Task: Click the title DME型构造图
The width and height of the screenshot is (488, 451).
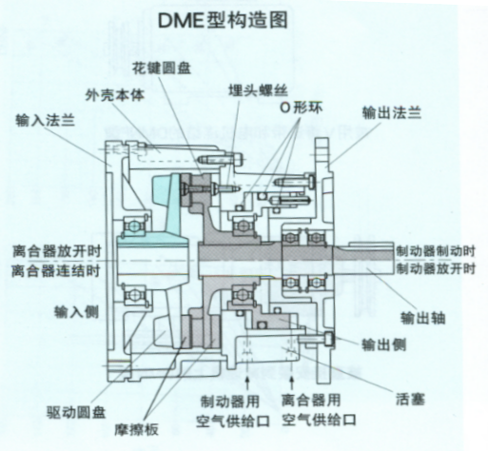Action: pos(223,20)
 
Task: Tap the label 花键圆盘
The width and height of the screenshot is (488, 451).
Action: pos(162,68)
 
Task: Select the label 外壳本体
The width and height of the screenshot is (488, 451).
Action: pos(115,95)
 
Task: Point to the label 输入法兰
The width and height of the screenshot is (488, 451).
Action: pos(45,120)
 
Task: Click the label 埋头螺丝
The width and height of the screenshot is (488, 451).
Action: pos(259,90)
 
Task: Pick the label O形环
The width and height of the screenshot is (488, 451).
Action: pos(301,108)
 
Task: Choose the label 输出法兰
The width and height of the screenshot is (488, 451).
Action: pos(392,112)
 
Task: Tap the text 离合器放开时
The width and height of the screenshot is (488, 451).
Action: pos(57,251)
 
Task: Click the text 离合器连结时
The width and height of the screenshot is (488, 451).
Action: pos(56,271)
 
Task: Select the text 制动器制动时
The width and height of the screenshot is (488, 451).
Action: pos(436,251)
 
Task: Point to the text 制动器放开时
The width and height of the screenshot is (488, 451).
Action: pos(436,269)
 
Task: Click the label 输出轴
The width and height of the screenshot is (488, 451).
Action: pos(423,318)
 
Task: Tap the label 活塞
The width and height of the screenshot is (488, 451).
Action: pos(410,399)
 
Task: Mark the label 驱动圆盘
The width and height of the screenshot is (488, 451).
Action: pos(76,413)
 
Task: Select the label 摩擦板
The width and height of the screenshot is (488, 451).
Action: pos(136,430)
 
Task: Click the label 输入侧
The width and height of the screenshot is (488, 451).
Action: pos(76,312)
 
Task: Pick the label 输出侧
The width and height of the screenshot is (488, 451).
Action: pos(384,344)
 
